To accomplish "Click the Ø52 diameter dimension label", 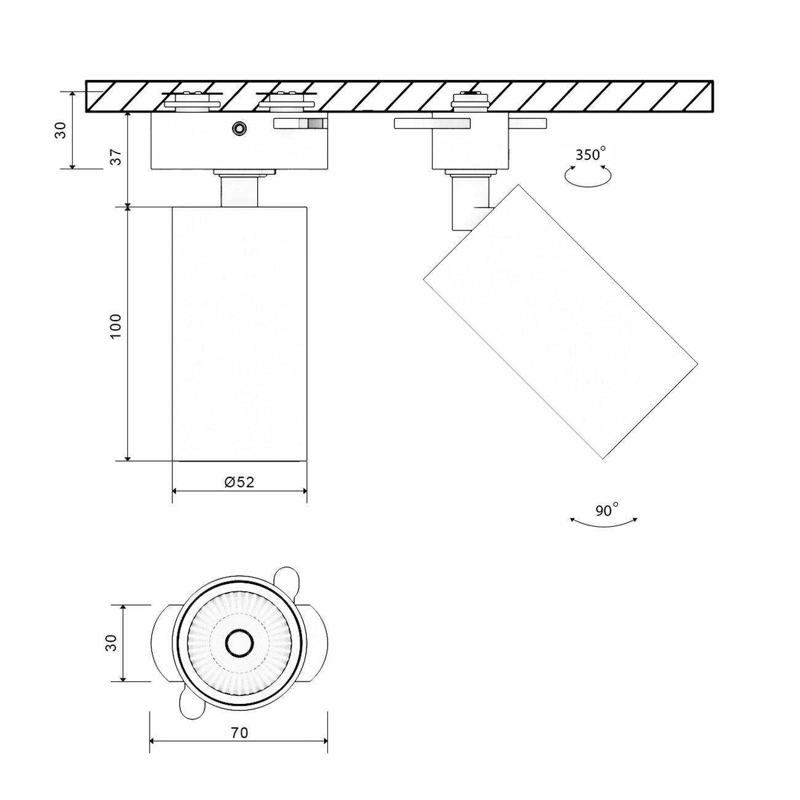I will pos(239,482).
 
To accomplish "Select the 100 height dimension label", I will pos(116,326).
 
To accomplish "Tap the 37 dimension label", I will pos(116,158).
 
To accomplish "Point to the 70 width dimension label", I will pos(239,733).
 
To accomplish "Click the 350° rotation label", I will pos(590,154).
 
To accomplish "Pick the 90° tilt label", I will pos(606,510).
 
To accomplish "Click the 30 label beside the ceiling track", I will pos(60,130).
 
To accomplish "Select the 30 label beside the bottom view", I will pos(111,643).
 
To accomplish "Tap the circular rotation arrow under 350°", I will pos(588,177).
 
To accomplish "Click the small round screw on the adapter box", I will pos(238,128).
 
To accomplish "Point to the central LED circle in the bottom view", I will pos(239,643).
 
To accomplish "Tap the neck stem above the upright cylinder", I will pos(239,191).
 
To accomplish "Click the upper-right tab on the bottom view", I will pos(286,580).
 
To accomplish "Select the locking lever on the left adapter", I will pos(300,123).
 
